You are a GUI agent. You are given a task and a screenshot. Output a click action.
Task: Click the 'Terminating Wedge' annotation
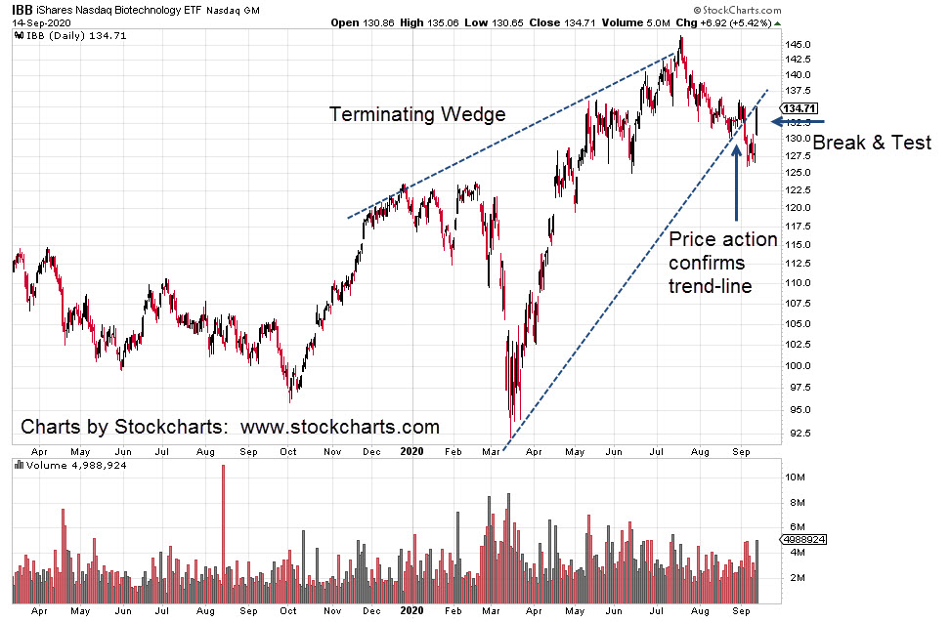tap(417, 114)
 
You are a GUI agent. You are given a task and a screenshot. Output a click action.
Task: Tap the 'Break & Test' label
tap(872, 143)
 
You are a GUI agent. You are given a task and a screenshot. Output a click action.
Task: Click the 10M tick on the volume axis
tap(793, 477)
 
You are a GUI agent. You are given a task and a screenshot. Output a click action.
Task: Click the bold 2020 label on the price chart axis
tap(412, 452)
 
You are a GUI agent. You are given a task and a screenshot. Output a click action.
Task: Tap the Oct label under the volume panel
tap(288, 612)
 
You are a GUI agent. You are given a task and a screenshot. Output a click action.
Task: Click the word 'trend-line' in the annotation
tap(711, 286)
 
